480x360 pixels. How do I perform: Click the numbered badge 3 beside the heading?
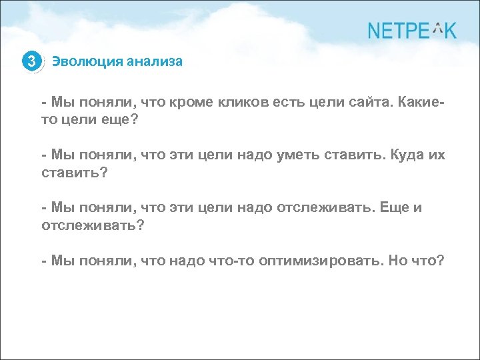pos(31,62)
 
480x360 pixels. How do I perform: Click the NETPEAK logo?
pos(412,31)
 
